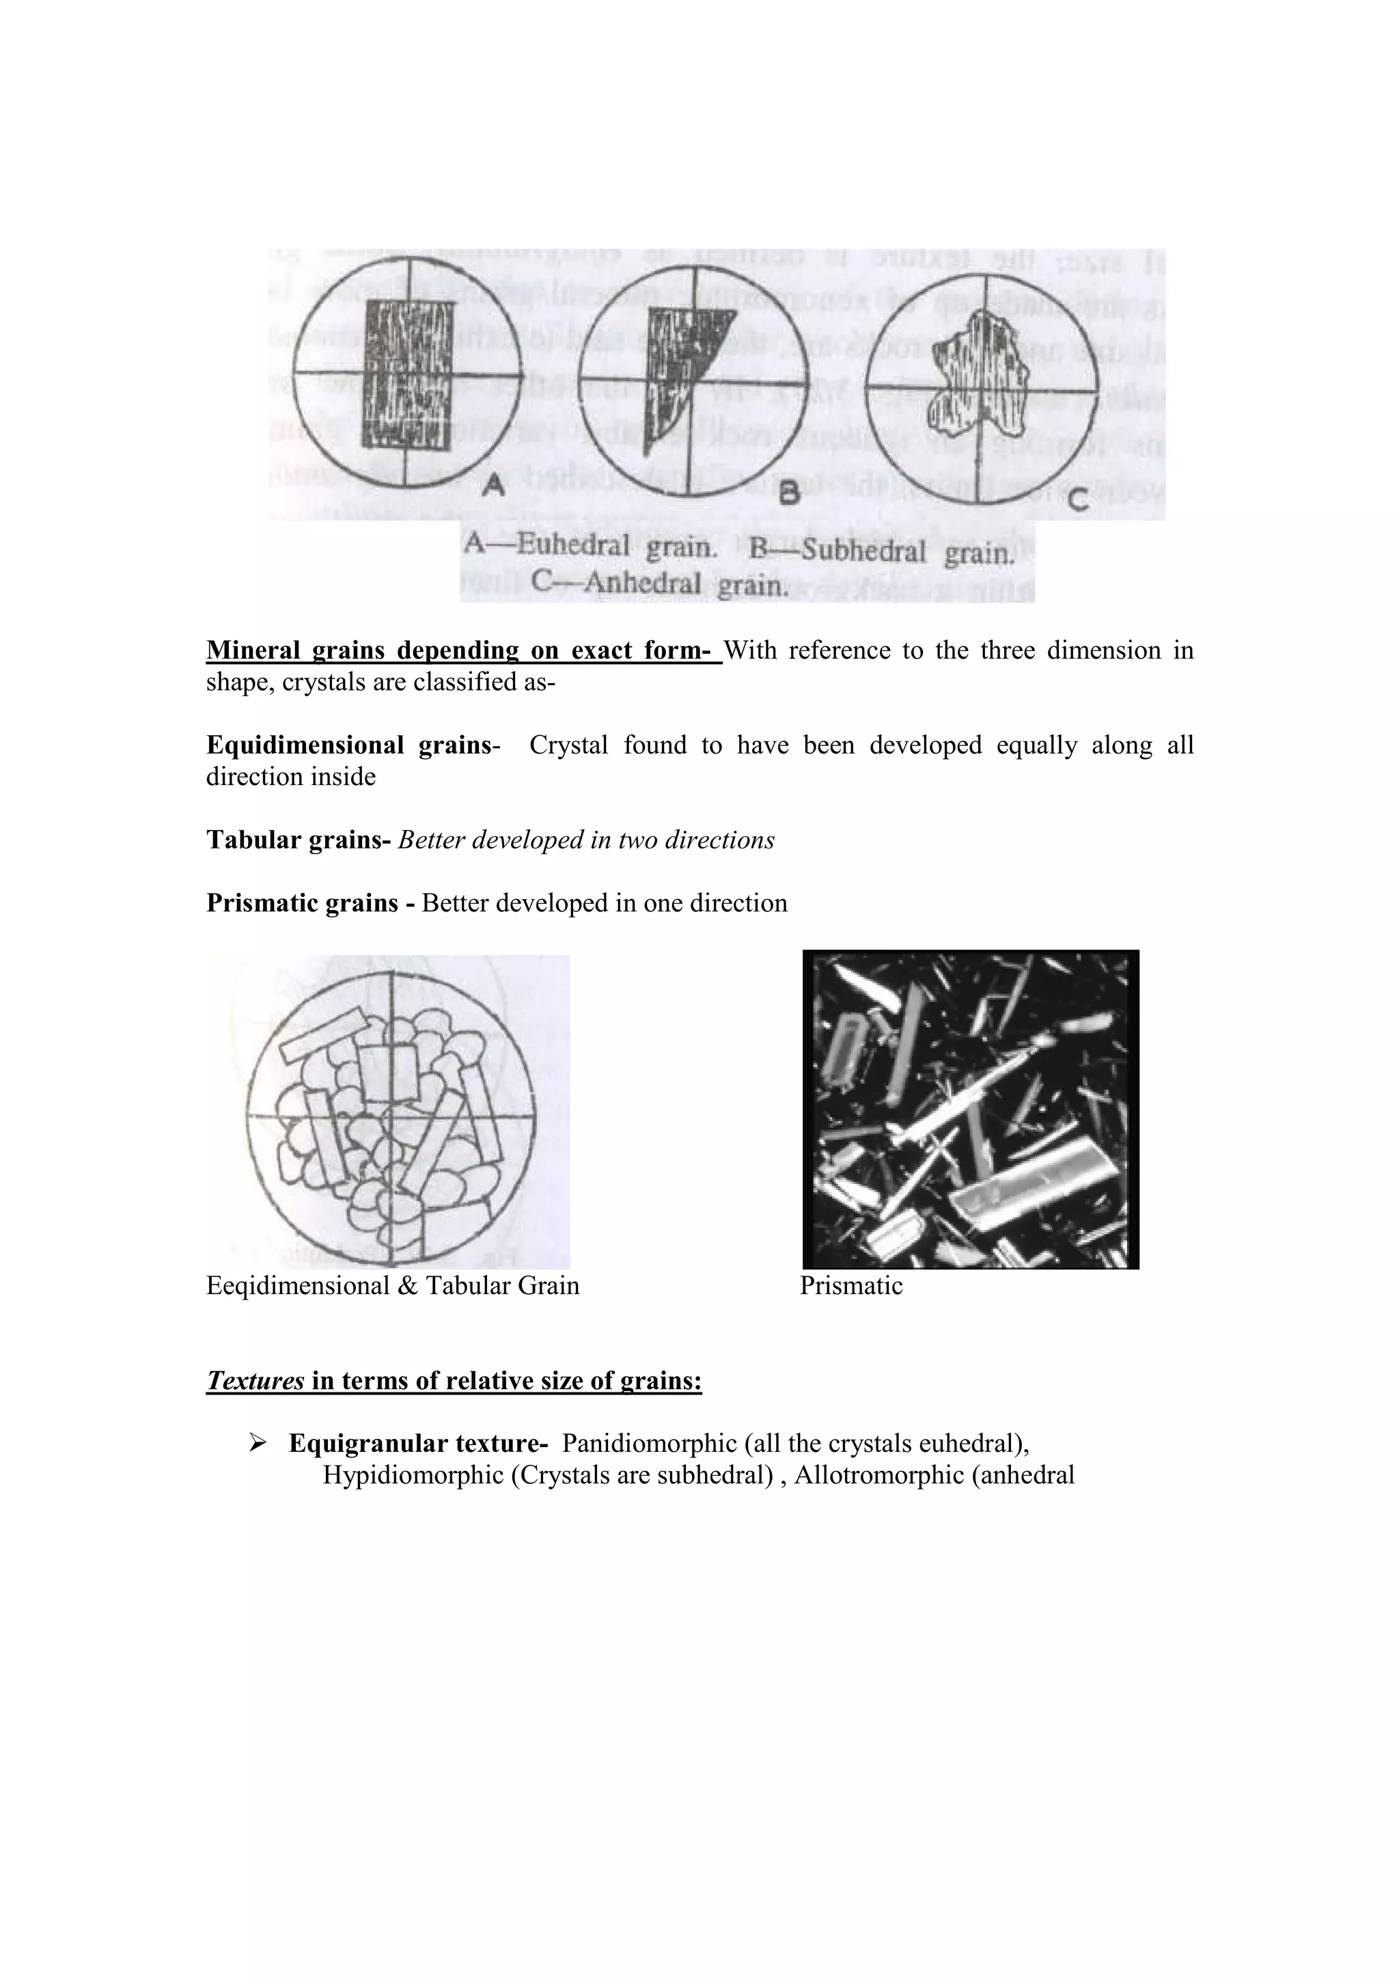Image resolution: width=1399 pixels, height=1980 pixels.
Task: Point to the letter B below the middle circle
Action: (789, 493)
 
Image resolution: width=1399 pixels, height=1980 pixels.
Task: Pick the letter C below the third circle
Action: (1077, 499)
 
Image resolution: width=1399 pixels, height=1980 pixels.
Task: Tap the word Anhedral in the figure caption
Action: (642, 584)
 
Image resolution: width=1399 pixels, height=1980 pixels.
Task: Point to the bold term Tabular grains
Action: (299, 840)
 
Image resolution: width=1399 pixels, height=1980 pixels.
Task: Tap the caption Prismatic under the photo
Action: (850, 1286)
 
